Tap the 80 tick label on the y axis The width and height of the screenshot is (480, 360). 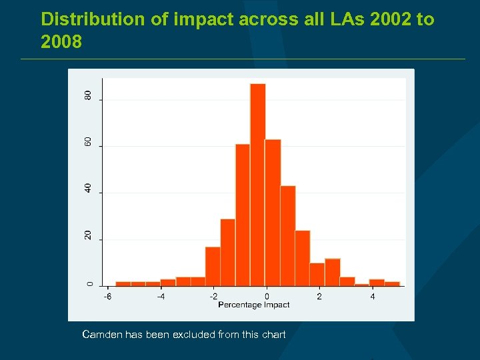(x=88, y=96)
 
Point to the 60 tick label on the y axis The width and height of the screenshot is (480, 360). (x=88, y=143)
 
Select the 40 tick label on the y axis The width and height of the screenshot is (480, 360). (x=88, y=189)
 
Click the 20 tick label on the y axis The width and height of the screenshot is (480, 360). (x=88, y=236)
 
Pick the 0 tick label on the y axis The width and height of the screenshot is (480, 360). (x=88, y=283)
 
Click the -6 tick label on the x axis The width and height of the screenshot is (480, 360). (x=107, y=296)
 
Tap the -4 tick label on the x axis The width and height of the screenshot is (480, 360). (x=161, y=296)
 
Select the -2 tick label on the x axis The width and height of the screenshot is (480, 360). (x=213, y=296)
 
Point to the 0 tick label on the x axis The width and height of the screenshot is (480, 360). (x=267, y=296)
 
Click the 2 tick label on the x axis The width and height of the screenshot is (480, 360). (x=319, y=296)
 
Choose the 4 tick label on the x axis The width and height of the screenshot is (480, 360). (x=372, y=296)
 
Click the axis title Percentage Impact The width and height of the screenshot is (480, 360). (x=254, y=305)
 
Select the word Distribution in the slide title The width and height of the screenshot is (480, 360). (x=91, y=19)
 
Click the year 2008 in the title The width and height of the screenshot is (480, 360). (x=61, y=43)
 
